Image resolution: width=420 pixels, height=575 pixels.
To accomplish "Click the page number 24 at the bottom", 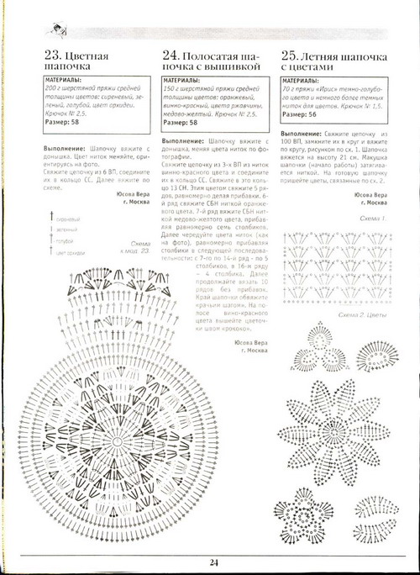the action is (214, 563).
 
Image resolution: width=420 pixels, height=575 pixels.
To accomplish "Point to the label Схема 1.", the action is (372, 219).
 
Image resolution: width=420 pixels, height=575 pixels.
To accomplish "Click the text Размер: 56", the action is (300, 114).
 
